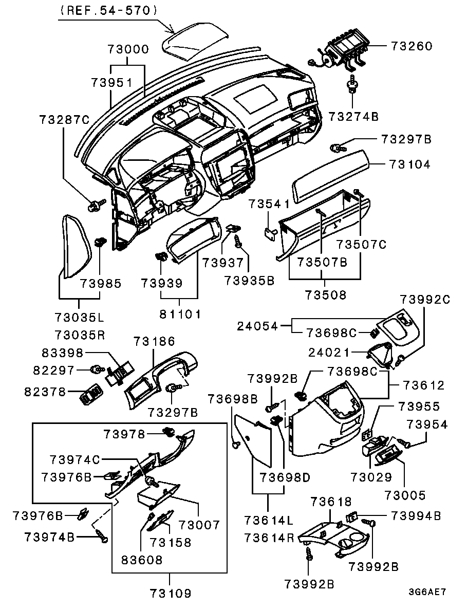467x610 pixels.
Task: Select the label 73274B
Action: (x=353, y=117)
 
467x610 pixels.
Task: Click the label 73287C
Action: (x=64, y=120)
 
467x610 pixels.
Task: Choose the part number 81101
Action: (x=179, y=313)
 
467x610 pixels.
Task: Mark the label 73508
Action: (x=325, y=295)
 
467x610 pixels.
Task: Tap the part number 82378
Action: (x=45, y=392)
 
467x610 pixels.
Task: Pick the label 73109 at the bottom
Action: (x=171, y=594)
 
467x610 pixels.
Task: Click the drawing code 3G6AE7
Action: (x=427, y=591)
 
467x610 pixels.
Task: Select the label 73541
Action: (x=270, y=204)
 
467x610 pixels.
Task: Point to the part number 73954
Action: (x=427, y=425)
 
